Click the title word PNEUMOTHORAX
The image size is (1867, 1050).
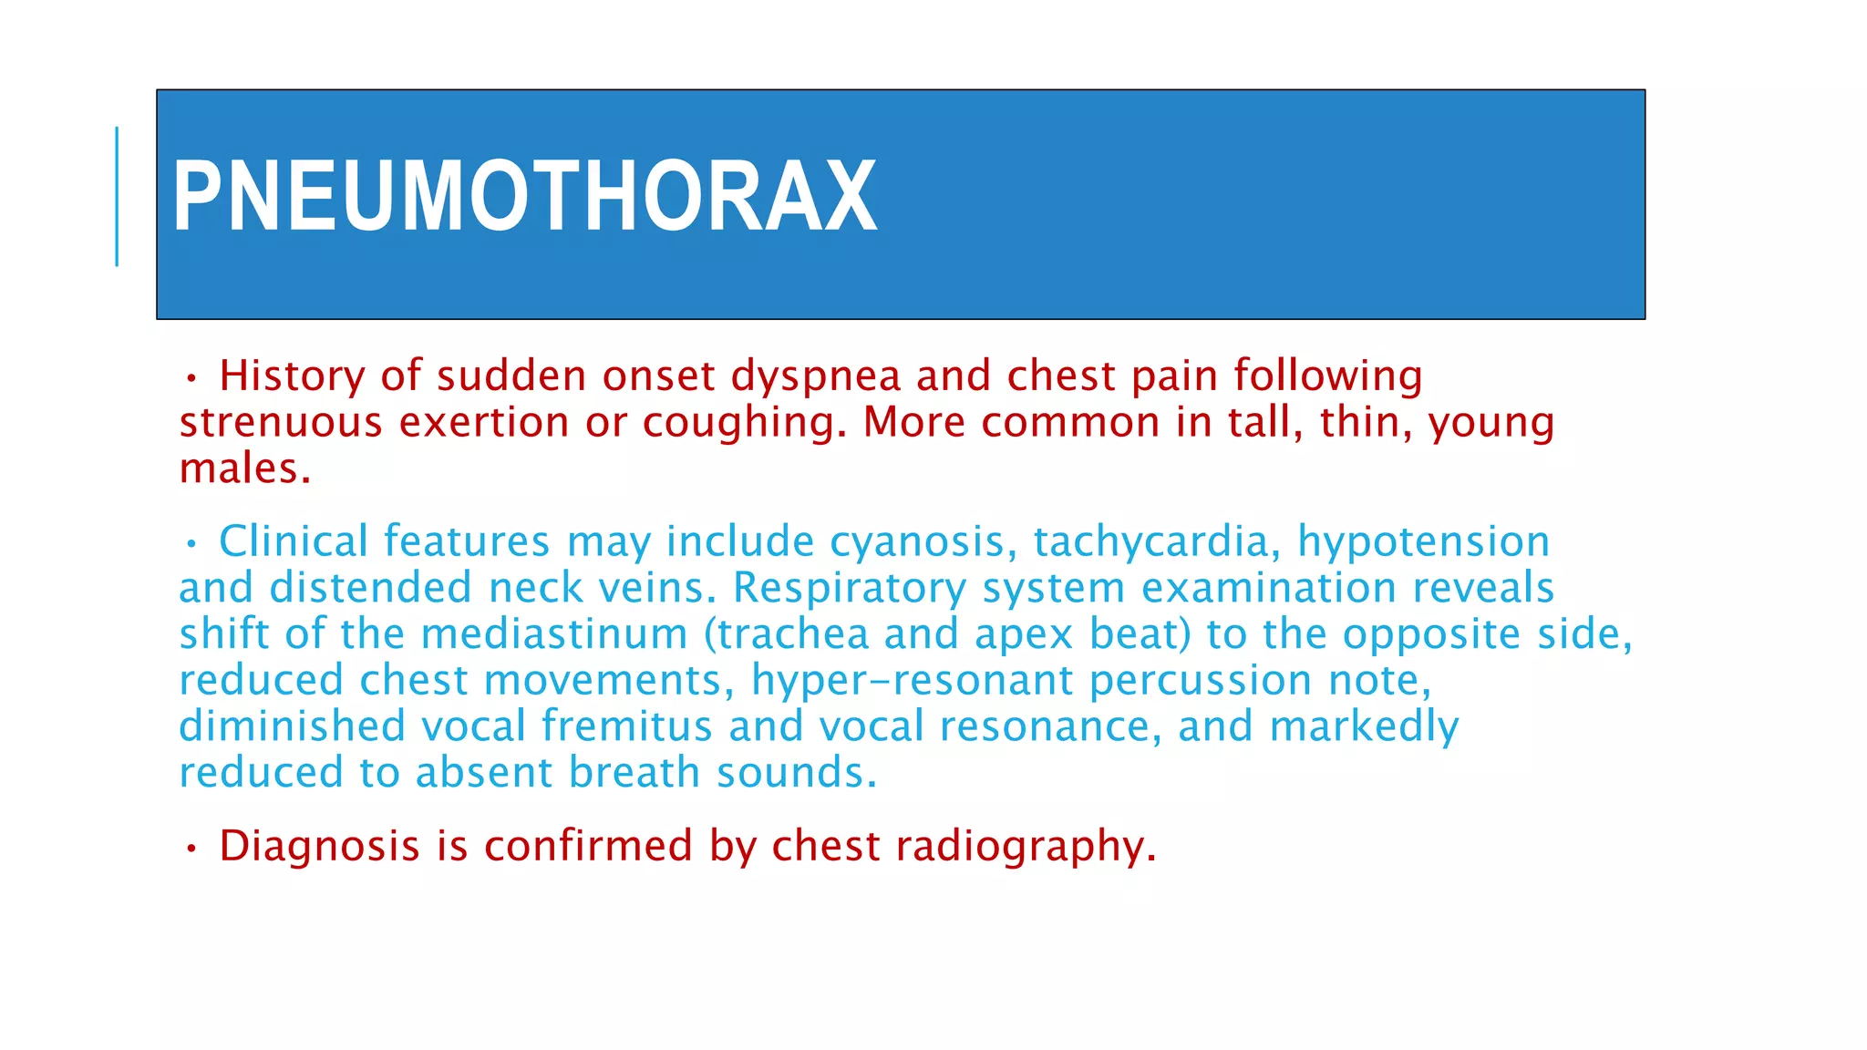[x=524, y=197]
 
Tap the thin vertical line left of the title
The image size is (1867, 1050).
[x=117, y=197]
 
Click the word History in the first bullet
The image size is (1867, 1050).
[x=292, y=376]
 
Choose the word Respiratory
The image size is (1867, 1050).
[x=850, y=589]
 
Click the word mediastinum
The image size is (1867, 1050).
[x=554, y=634]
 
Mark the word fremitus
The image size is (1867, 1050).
[x=626, y=726]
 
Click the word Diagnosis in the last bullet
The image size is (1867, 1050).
[x=319, y=847]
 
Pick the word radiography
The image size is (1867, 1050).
[x=1026, y=847]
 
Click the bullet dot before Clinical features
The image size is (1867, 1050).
[x=191, y=544]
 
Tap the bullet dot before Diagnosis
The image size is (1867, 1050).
[x=191, y=849]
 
